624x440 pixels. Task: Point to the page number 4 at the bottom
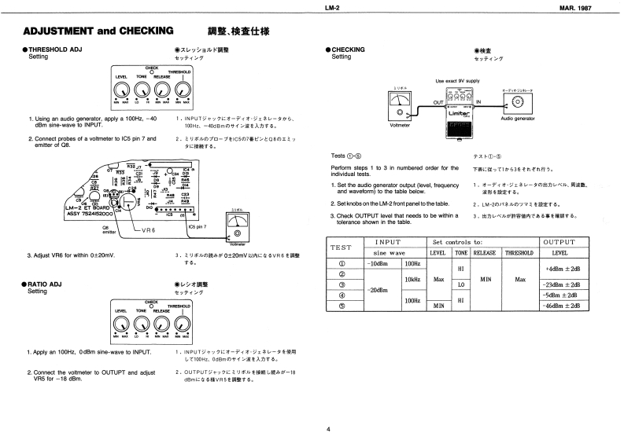(x=329, y=428)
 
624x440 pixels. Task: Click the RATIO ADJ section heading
(x=50, y=284)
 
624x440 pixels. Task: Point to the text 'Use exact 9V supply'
(x=456, y=81)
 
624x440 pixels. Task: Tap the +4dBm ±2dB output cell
(x=562, y=269)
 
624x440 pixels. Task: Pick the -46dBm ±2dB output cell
(x=562, y=305)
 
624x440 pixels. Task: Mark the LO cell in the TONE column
(x=462, y=284)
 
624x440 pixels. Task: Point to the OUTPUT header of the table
(x=562, y=241)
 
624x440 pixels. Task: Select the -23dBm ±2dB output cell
(x=562, y=284)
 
